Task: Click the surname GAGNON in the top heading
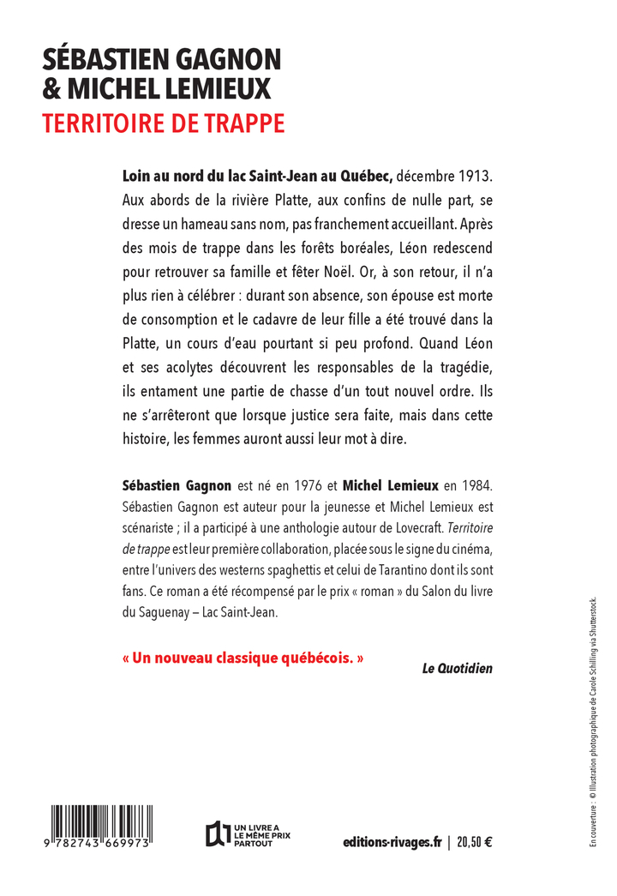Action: point(225,60)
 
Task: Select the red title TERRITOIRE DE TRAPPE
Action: point(164,123)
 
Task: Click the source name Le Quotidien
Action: point(457,668)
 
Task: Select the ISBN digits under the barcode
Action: point(100,844)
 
